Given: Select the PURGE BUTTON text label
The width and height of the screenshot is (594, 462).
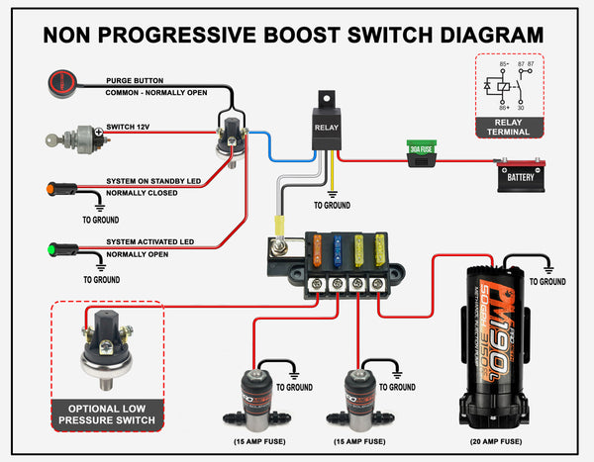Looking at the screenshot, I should coord(135,80).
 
